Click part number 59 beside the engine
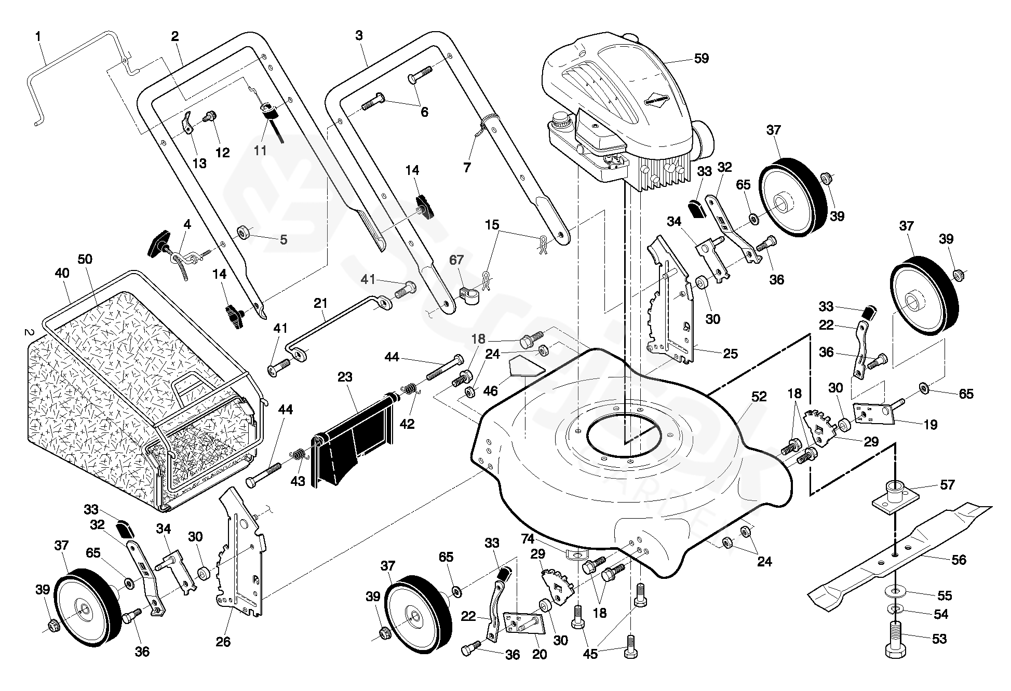tap(701, 59)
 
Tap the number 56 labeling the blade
tap(958, 560)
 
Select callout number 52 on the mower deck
tap(759, 397)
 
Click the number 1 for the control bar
tap(38, 36)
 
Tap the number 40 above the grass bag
tap(62, 273)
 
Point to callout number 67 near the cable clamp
tap(456, 260)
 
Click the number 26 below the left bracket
tap(223, 642)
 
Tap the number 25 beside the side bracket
tap(730, 354)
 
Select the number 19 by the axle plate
tap(931, 425)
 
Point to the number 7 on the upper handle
tap(467, 167)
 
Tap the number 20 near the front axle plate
tap(540, 654)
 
